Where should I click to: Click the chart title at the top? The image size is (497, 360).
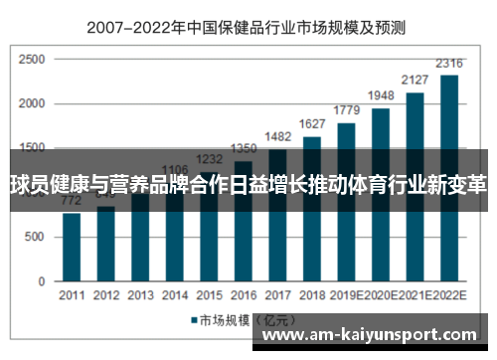click(248, 29)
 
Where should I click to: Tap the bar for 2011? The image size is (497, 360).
click(72, 249)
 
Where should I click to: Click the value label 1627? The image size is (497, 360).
click(312, 125)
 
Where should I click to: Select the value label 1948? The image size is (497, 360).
click(381, 97)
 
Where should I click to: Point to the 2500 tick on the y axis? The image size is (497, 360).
click(32, 62)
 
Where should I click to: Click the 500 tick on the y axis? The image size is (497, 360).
click(36, 238)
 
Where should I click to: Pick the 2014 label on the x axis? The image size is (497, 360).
click(174, 295)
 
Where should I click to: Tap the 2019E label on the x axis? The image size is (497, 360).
click(347, 295)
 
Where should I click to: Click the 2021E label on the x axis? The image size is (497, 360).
click(415, 295)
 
